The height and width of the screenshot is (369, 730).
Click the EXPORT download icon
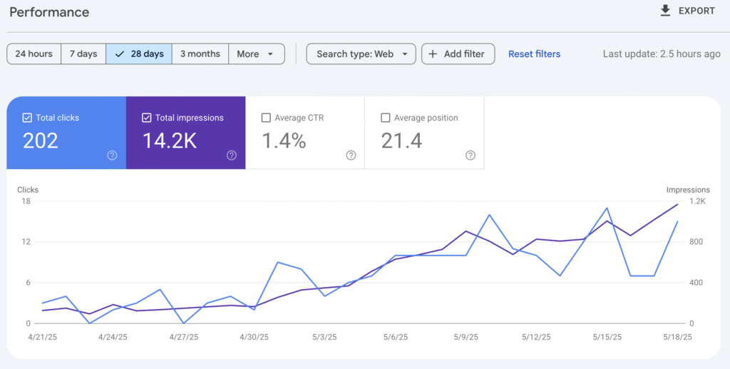(665, 11)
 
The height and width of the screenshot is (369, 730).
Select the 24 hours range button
(34, 54)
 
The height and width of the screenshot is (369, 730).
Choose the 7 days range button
(83, 54)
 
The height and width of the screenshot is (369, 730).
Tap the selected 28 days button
(139, 54)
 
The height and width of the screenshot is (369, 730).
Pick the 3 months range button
(200, 54)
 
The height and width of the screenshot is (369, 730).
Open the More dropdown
(257, 54)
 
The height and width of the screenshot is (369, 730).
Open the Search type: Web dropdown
(361, 54)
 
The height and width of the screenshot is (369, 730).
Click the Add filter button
(458, 54)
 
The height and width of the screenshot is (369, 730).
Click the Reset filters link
(534, 54)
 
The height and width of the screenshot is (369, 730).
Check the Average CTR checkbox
(266, 118)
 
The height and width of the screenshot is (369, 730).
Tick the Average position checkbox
(386, 118)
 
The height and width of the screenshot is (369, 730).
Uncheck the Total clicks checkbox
(27, 118)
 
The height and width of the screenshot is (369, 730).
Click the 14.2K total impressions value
(170, 141)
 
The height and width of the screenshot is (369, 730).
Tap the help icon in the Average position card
(471, 155)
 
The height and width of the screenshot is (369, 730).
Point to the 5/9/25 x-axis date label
(466, 337)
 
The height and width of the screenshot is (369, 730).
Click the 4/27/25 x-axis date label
(183, 337)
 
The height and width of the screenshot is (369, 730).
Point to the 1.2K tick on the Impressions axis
(697, 201)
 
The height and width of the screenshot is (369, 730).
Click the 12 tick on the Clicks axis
(26, 242)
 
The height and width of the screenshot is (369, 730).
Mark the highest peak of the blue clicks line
(607, 208)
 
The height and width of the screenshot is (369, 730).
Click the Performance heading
(49, 12)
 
